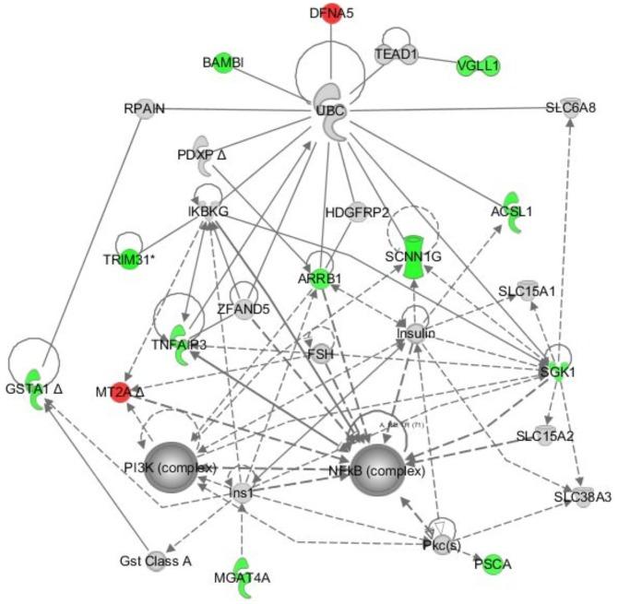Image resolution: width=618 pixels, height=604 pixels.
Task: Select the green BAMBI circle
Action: (222, 63)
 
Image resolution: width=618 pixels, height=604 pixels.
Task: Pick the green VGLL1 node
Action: (478, 65)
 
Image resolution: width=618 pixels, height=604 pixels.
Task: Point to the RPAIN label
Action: (144, 109)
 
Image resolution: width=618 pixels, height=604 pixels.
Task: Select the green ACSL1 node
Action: (513, 211)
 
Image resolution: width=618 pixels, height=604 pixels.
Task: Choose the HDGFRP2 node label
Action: (357, 213)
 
